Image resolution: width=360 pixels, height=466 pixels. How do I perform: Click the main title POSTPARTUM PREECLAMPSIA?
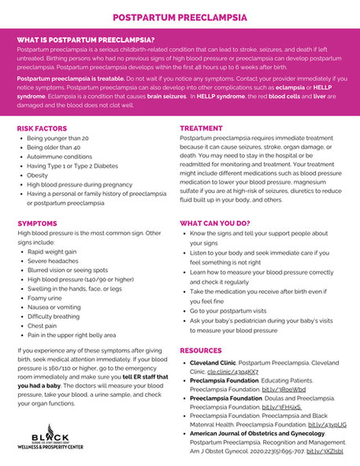pyautogui.click(x=180, y=17)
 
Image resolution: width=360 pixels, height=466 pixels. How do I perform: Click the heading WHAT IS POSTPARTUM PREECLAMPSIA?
pyautogui.click(x=85, y=39)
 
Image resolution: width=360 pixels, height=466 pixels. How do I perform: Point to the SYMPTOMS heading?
pyautogui.click(x=37, y=224)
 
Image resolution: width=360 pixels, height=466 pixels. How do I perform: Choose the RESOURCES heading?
pyautogui.click(x=202, y=349)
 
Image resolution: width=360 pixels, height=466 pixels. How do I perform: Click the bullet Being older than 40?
pyautogui.click(x=54, y=147)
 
